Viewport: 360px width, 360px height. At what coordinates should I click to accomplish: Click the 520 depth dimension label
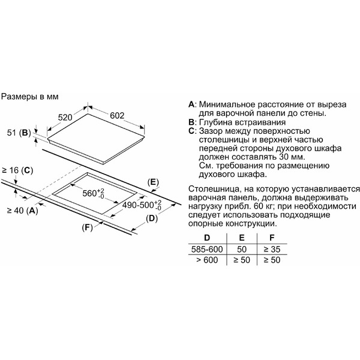click(65, 118)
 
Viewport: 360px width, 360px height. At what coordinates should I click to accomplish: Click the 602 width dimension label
click(117, 115)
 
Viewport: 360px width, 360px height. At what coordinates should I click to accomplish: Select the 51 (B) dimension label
click(19, 133)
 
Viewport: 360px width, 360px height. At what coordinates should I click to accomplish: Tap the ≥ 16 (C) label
click(17, 170)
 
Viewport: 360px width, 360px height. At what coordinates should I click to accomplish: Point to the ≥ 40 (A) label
click(23, 211)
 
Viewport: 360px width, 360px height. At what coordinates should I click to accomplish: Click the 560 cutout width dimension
click(93, 193)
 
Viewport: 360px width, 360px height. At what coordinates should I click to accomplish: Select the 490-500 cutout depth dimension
click(142, 205)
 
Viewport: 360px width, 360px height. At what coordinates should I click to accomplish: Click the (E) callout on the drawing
click(153, 182)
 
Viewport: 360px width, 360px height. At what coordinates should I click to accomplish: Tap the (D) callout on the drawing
click(152, 218)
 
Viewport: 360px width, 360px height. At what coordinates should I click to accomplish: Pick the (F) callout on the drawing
click(87, 227)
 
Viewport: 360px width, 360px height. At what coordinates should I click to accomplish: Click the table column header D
click(207, 238)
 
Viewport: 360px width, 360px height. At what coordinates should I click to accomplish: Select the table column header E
click(242, 238)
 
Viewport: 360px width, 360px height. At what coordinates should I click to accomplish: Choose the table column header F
click(272, 238)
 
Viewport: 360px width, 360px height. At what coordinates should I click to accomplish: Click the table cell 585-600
click(207, 249)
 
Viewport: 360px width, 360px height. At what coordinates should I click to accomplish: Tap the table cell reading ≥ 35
click(272, 249)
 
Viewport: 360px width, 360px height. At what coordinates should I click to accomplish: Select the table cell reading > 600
click(207, 260)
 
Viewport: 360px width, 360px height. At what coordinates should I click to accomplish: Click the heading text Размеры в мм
click(30, 97)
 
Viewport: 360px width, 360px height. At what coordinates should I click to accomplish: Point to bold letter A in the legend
click(191, 104)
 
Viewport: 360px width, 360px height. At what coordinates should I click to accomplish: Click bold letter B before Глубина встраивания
click(191, 122)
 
